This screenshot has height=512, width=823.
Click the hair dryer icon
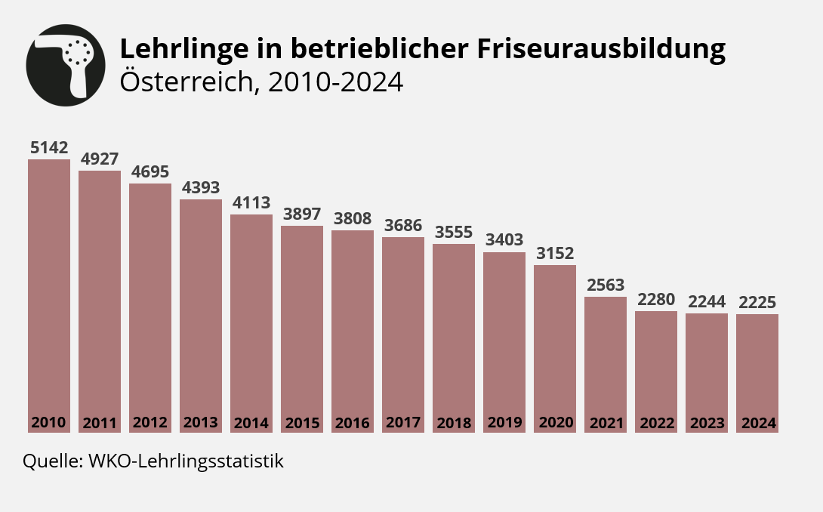click(x=65, y=66)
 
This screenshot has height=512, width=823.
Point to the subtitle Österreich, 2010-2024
click(x=261, y=82)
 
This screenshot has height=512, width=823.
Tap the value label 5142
click(x=49, y=148)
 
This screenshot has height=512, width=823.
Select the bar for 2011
click(x=100, y=295)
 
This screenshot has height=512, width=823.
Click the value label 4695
click(x=150, y=172)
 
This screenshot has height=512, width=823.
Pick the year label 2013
click(x=201, y=423)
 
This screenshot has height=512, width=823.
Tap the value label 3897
click(x=302, y=214)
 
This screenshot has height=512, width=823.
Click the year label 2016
click(x=353, y=423)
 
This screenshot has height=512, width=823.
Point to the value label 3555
click(x=454, y=233)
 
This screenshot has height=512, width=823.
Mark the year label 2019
click(x=504, y=423)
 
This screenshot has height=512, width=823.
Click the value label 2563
click(x=606, y=285)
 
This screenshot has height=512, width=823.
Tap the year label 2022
click(x=656, y=423)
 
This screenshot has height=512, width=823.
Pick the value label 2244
click(x=707, y=302)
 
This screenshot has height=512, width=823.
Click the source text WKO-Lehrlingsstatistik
click(x=186, y=461)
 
